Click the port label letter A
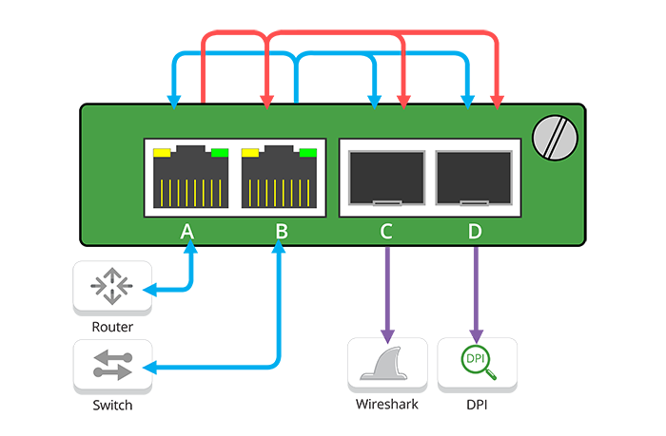(187, 230)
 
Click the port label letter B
(281, 230)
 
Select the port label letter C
(384, 230)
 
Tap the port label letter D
(475, 230)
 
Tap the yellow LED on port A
(162, 152)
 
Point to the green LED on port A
(220, 152)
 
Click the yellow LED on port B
(251, 152)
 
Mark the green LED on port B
(308, 152)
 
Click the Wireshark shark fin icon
(386, 365)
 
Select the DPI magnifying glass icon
(477, 363)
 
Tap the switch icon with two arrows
(112, 366)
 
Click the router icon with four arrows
(112, 287)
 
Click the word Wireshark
(386, 406)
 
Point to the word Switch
(112, 406)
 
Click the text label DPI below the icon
(477, 406)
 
